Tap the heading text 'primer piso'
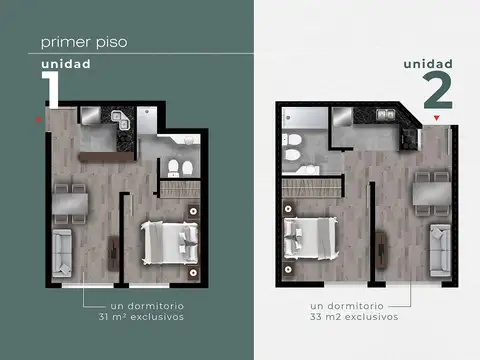coord(84,43)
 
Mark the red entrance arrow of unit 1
coord(39,120)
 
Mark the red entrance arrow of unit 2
coord(436,119)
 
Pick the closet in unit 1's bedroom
coord(181,187)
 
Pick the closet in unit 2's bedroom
coord(303,186)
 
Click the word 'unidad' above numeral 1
coord(66,64)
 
